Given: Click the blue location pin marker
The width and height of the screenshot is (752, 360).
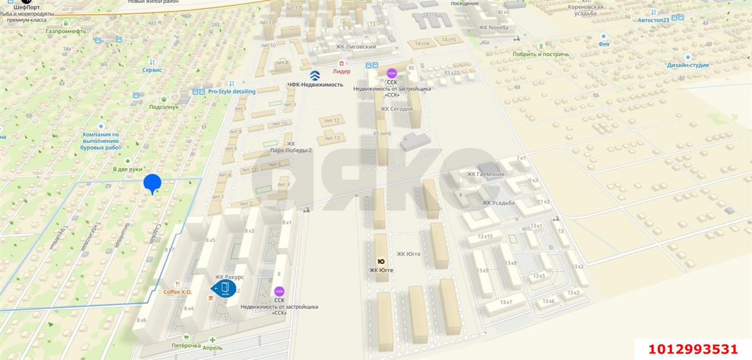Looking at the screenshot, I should [152, 183].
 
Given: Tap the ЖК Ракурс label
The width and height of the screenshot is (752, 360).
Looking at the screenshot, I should [229, 277].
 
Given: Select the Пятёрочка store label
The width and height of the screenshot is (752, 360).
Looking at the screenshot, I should [186, 345].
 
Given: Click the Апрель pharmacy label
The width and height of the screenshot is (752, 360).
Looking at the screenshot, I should [212, 347].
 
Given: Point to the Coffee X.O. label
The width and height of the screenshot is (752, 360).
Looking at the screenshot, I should [177, 292].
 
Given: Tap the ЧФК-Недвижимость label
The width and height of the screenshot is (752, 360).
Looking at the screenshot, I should [315, 84].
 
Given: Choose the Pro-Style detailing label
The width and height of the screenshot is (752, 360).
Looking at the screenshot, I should [231, 92].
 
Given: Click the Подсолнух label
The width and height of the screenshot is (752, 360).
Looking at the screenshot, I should [163, 107].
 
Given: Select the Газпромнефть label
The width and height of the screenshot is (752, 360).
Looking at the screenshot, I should [66, 31].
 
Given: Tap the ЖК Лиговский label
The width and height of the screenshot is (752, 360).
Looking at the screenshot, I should [355, 46].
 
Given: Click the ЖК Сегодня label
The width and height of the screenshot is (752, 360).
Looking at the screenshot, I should [396, 109].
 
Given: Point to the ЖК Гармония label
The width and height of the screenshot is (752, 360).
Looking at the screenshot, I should [485, 174].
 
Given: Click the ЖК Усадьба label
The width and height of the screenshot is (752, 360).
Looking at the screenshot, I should [498, 203].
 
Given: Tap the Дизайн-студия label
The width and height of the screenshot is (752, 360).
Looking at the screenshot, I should [687, 65].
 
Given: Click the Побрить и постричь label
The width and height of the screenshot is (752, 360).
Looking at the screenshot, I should [540, 54].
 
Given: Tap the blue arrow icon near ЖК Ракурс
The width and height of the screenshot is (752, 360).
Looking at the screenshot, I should [224, 288].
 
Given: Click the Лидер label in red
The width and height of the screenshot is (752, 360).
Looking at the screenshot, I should [341, 72].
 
